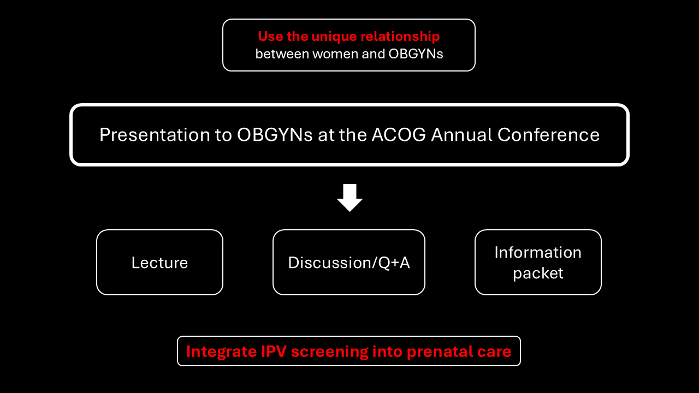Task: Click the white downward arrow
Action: (x=349, y=198)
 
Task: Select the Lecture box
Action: (x=160, y=263)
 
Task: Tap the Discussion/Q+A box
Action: (x=349, y=263)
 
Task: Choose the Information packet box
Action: (x=538, y=263)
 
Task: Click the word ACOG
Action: (x=399, y=135)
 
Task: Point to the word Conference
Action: (x=548, y=135)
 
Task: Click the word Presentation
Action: (x=155, y=135)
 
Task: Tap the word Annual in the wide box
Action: (x=461, y=135)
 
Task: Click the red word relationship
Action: (x=400, y=37)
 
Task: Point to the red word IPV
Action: (x=274, y=352)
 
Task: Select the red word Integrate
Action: (x=221, y=352)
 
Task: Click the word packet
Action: (x=538, y=273)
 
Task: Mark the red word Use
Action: (x=270, y=37)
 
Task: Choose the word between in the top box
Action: (x=282, y=54)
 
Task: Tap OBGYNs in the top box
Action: (x=416, y=54)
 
